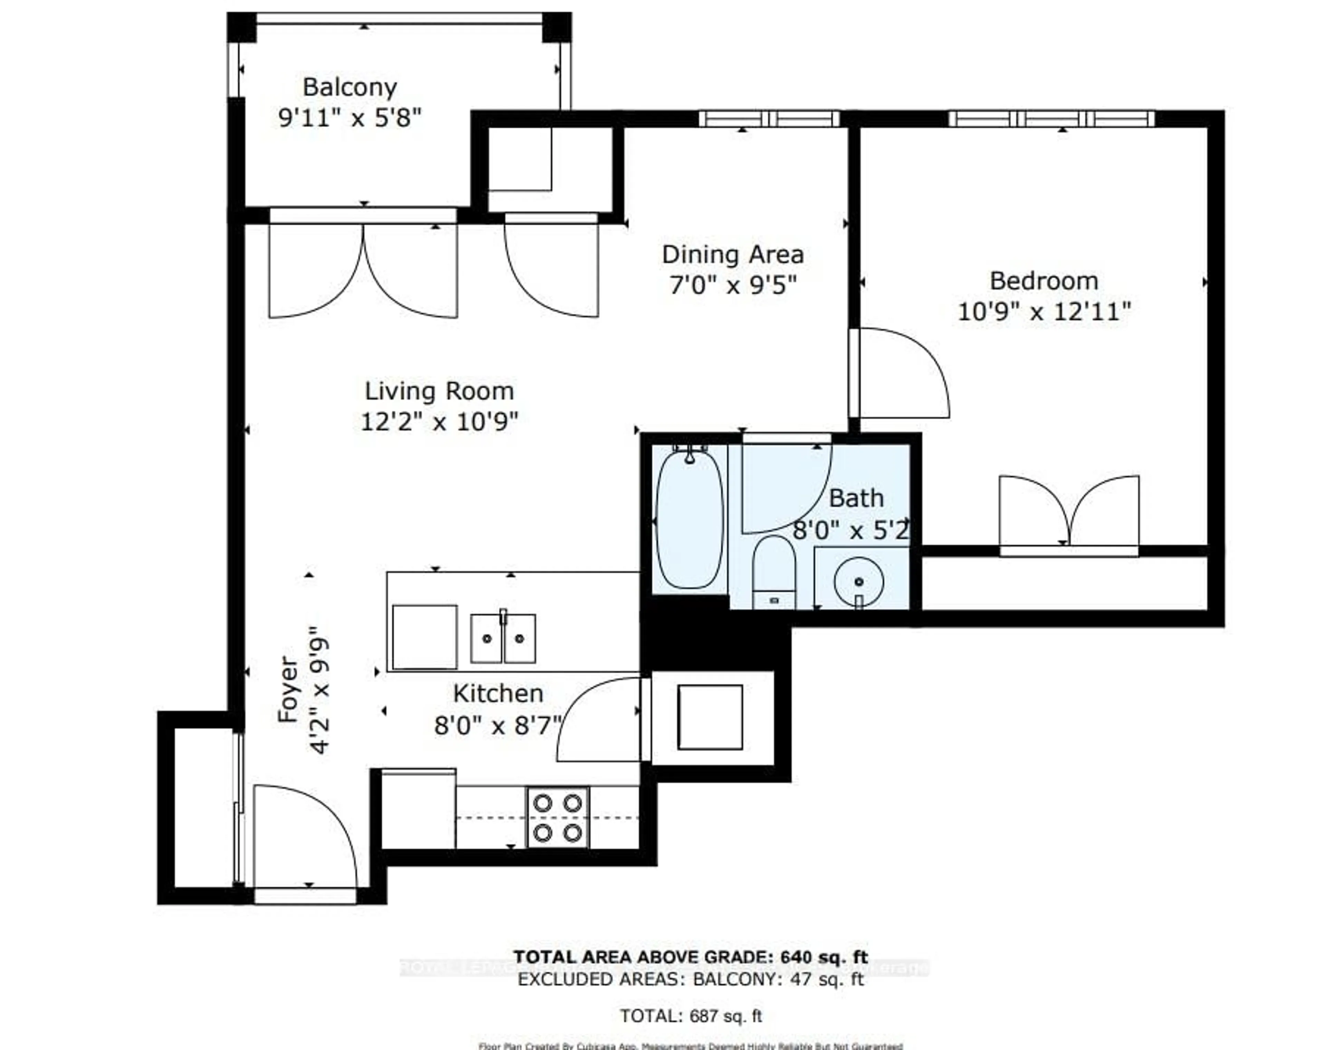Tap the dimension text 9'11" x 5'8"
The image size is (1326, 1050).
350,117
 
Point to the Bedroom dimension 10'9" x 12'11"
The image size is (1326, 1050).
1044,312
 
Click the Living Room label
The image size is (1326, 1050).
439,391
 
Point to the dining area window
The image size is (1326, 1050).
769,119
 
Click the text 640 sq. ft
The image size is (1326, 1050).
824,957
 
